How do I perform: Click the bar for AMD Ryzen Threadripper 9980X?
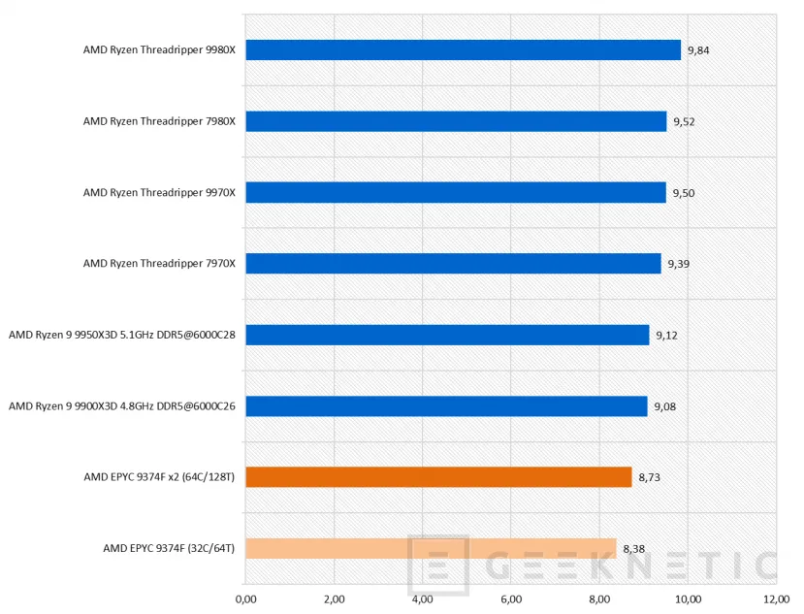click(x=463, y=50)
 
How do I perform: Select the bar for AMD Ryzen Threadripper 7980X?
click(x=456, y=121)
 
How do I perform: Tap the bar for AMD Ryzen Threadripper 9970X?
click(x=456, y=193)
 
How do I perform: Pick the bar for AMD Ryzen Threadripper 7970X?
click(x=453, y=264)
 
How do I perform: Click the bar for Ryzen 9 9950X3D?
click(x=447, y=335)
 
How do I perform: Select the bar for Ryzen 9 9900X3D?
click(x=446, y=406)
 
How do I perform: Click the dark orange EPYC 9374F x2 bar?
click(x=438, y=477)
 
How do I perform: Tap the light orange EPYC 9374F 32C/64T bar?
click(x=431, y=548)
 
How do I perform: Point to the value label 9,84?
click(x=698, y=50)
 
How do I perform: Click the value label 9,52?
click(x=684, y=121)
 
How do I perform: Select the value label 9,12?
click(x=666, y=336)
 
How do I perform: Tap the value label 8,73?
click(x=649, y=477)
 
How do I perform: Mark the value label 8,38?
click(x=634, y=549)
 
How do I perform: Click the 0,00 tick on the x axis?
click(x=246, y=599)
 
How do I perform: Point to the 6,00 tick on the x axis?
click(x=510, y=599)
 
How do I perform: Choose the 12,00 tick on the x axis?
click(x=775, y=599)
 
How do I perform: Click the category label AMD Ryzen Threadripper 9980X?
click(x=159, y=50)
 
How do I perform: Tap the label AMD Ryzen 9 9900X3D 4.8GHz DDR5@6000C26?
click(x=122, y=406)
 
